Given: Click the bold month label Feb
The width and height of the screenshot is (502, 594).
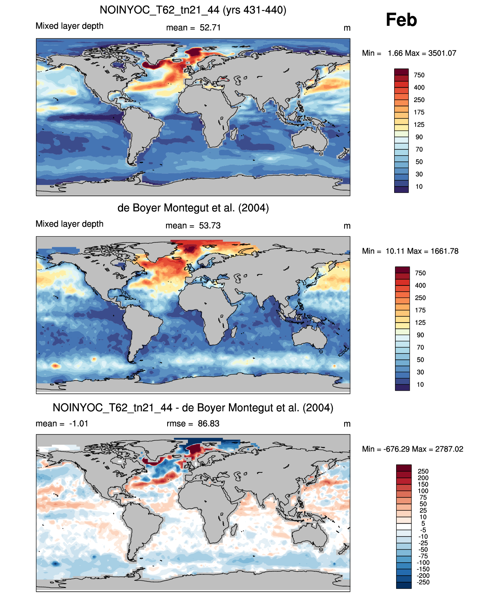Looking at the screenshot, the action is (401, 20).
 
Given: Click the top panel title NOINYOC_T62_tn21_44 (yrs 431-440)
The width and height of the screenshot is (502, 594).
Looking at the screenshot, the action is (193, 10).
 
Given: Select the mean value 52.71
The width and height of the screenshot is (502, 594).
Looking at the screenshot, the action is (210, 28).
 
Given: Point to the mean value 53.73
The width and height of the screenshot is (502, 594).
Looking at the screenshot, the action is (210, 226).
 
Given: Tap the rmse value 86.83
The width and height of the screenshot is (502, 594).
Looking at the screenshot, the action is (208, 424).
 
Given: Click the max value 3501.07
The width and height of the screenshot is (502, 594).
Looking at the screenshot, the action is (442, 53).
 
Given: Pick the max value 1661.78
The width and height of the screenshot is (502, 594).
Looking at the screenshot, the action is (444, 251).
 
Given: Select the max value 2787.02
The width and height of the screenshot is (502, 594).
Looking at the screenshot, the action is (449, 449).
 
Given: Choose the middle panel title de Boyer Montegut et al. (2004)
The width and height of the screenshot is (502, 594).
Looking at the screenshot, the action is (193, 208).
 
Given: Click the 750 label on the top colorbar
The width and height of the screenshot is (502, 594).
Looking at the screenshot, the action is (419, 75).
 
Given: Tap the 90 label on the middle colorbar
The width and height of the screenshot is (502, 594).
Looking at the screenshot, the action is (420, 335).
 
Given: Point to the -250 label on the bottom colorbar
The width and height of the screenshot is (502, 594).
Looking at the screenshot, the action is (423, 582).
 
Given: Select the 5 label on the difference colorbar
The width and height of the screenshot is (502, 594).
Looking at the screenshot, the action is (423, 523).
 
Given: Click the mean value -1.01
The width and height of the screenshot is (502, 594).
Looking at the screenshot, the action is (79, 424).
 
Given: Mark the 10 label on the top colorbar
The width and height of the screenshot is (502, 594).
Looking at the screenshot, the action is (419, 187).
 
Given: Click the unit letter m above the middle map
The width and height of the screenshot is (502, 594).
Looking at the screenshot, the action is (347, 226).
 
